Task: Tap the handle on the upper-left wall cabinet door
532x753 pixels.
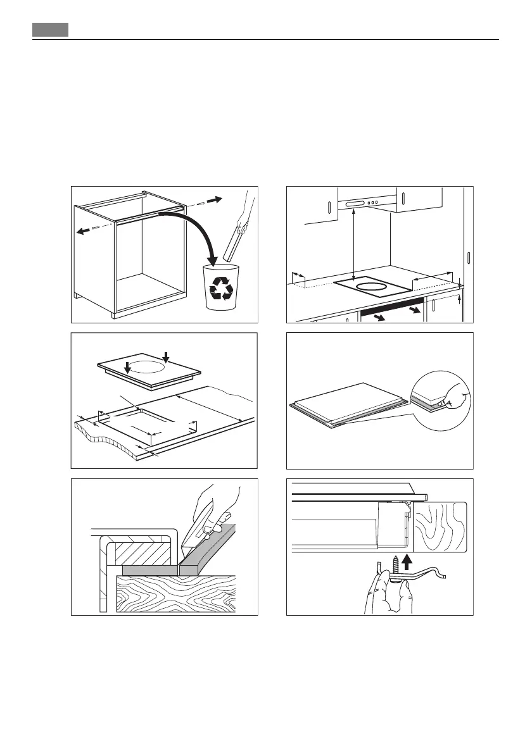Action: pyautogui.click(x=330, y=207)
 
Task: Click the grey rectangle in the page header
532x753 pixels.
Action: pyautogui.click(x=51, y=30)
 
